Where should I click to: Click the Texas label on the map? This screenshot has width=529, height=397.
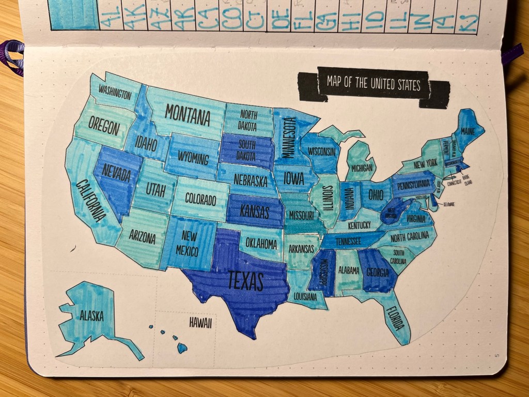[x=246, y=282]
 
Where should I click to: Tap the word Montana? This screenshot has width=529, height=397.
[x=188, y=115]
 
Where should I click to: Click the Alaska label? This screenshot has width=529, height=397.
[x=91, y=316]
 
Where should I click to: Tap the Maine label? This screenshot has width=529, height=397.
[x=468, y=131]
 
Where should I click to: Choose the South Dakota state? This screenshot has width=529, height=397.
[x=247, y=149]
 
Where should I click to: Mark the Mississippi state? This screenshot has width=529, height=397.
[x=320, y=271]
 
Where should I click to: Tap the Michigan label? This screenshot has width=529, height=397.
[x=362, y=168]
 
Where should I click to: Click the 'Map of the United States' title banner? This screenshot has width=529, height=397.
[x=374, y=84]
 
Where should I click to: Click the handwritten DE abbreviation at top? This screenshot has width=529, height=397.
[x=281, y=20]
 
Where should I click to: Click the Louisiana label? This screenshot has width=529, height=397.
[x=304, y=296]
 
